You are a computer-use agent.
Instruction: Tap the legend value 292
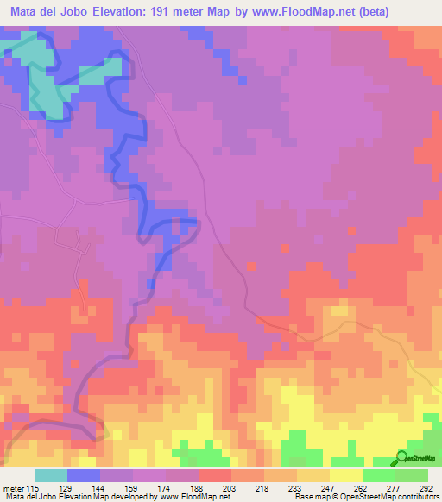(426, 487)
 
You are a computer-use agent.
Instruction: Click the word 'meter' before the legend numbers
(12, 487)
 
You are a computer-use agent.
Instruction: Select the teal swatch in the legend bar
(50, 475)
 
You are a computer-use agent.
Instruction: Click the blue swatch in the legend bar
(83, 475)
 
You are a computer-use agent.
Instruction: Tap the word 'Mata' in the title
(28, 12)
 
